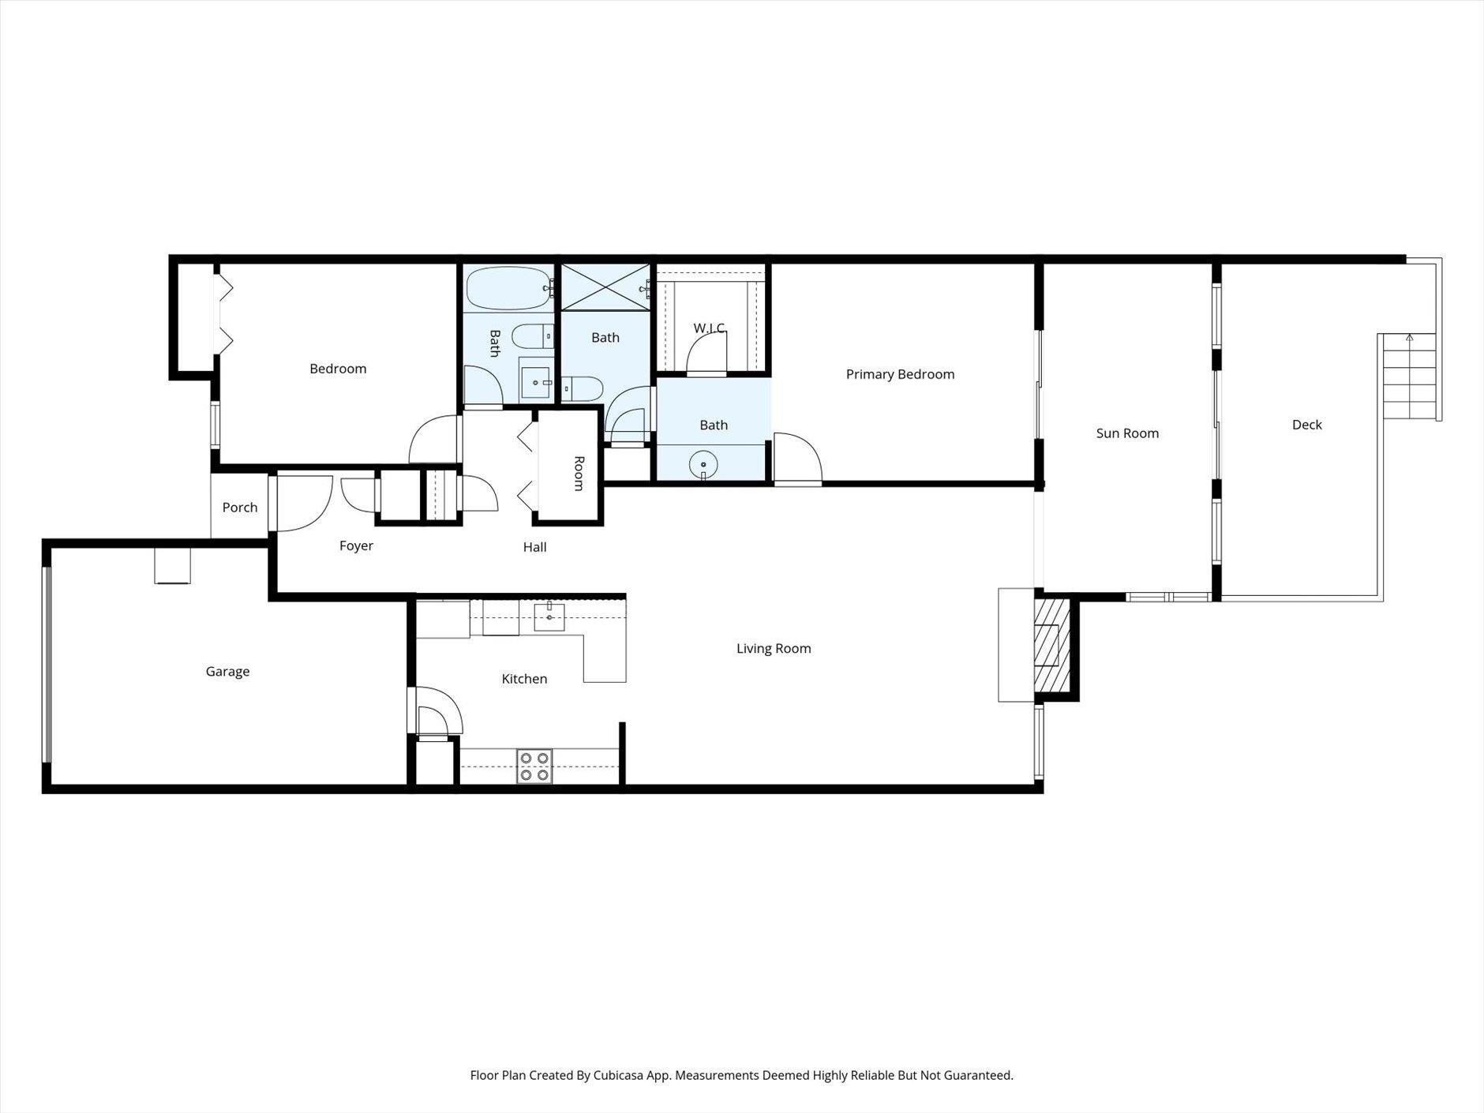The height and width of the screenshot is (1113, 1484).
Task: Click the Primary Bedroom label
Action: point(900,374)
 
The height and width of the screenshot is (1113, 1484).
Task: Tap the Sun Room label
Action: point(1127,433)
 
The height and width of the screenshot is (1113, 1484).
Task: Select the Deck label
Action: point(1306,425)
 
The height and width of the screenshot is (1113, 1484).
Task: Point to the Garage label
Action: point(227,672)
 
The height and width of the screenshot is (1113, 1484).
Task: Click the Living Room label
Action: point(774,649)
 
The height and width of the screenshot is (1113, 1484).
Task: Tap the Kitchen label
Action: point(524,679)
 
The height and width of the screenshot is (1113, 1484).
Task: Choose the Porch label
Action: point(240,508)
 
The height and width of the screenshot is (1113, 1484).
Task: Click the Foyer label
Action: point(356,546)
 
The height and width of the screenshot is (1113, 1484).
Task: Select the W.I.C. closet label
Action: point(709,328)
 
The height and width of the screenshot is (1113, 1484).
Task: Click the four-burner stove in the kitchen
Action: point(534,766)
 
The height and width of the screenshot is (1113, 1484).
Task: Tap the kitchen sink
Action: point(549,616)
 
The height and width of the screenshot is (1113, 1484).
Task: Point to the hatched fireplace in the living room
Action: point(1052,645)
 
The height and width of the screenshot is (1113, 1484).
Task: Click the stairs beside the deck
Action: point(1410,377)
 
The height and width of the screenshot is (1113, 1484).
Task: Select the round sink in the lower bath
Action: point(703,465)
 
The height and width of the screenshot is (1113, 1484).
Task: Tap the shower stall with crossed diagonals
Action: point(605,287)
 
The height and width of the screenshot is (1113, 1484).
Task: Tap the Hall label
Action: point(534,547)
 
